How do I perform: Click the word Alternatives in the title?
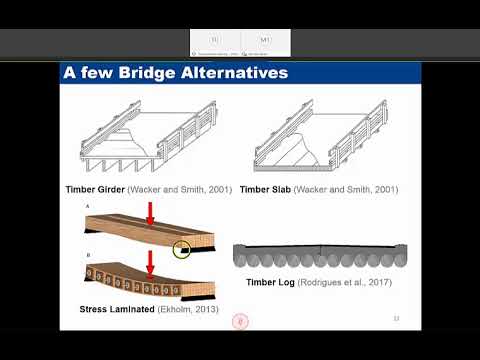pyautogui.click(x=236, y=73)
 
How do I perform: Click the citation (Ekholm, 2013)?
pyautogui.click(x=190, y=310)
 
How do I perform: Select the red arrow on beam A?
pyautogui.click(x=151, y=213)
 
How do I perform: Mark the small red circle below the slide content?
pyautogui.click(x=239, y=321)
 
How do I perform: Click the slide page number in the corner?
pyautogui.click(x=396, y=319)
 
